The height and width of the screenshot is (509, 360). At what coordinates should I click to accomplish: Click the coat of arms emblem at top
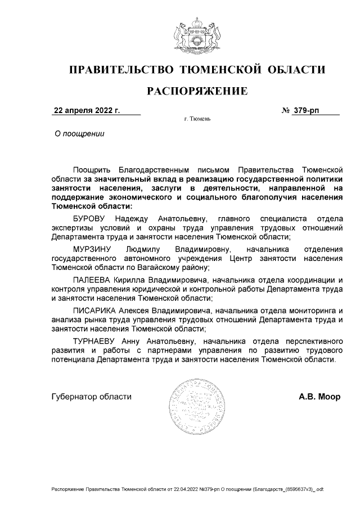196,35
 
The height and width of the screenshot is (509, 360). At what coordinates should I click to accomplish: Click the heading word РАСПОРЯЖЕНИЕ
196,90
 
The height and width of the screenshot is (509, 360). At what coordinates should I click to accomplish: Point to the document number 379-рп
307,110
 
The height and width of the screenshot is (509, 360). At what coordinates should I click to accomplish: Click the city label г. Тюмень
197,119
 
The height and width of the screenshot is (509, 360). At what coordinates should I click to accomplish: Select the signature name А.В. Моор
319,397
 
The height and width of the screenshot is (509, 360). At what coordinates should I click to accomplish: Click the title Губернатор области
91,397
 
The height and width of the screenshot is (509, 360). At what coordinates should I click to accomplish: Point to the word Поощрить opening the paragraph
91,169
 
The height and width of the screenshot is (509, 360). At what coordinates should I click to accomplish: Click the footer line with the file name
187,490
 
